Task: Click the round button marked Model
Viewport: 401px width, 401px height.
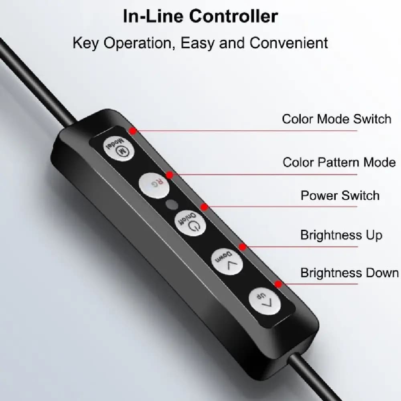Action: point(119,148)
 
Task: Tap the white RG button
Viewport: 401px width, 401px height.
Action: point(154,185)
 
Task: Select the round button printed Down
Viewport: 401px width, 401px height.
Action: point(227,261)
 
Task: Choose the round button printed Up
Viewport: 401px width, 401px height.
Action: point(265,301)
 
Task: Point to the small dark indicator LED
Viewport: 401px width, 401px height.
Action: point(172,205)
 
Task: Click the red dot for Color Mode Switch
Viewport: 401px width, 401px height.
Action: point(132,131)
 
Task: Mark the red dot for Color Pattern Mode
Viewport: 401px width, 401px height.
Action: point(169,175)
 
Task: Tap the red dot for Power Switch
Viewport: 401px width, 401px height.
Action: point(204,207)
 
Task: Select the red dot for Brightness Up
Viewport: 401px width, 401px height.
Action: point(243,247)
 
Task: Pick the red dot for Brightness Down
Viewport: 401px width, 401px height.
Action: point(278,284)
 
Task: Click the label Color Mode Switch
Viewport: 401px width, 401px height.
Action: point(336,119)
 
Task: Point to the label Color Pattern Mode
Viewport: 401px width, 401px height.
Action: point(339,162)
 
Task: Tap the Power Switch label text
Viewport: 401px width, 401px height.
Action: point(340,196)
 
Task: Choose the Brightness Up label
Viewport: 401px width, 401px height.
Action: point(341,235)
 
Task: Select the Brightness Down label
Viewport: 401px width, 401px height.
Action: point(350,273)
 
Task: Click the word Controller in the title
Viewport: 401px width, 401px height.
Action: point(233,16)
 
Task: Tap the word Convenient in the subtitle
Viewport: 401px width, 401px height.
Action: point(289,43)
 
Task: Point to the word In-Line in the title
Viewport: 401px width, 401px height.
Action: point(153,16)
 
